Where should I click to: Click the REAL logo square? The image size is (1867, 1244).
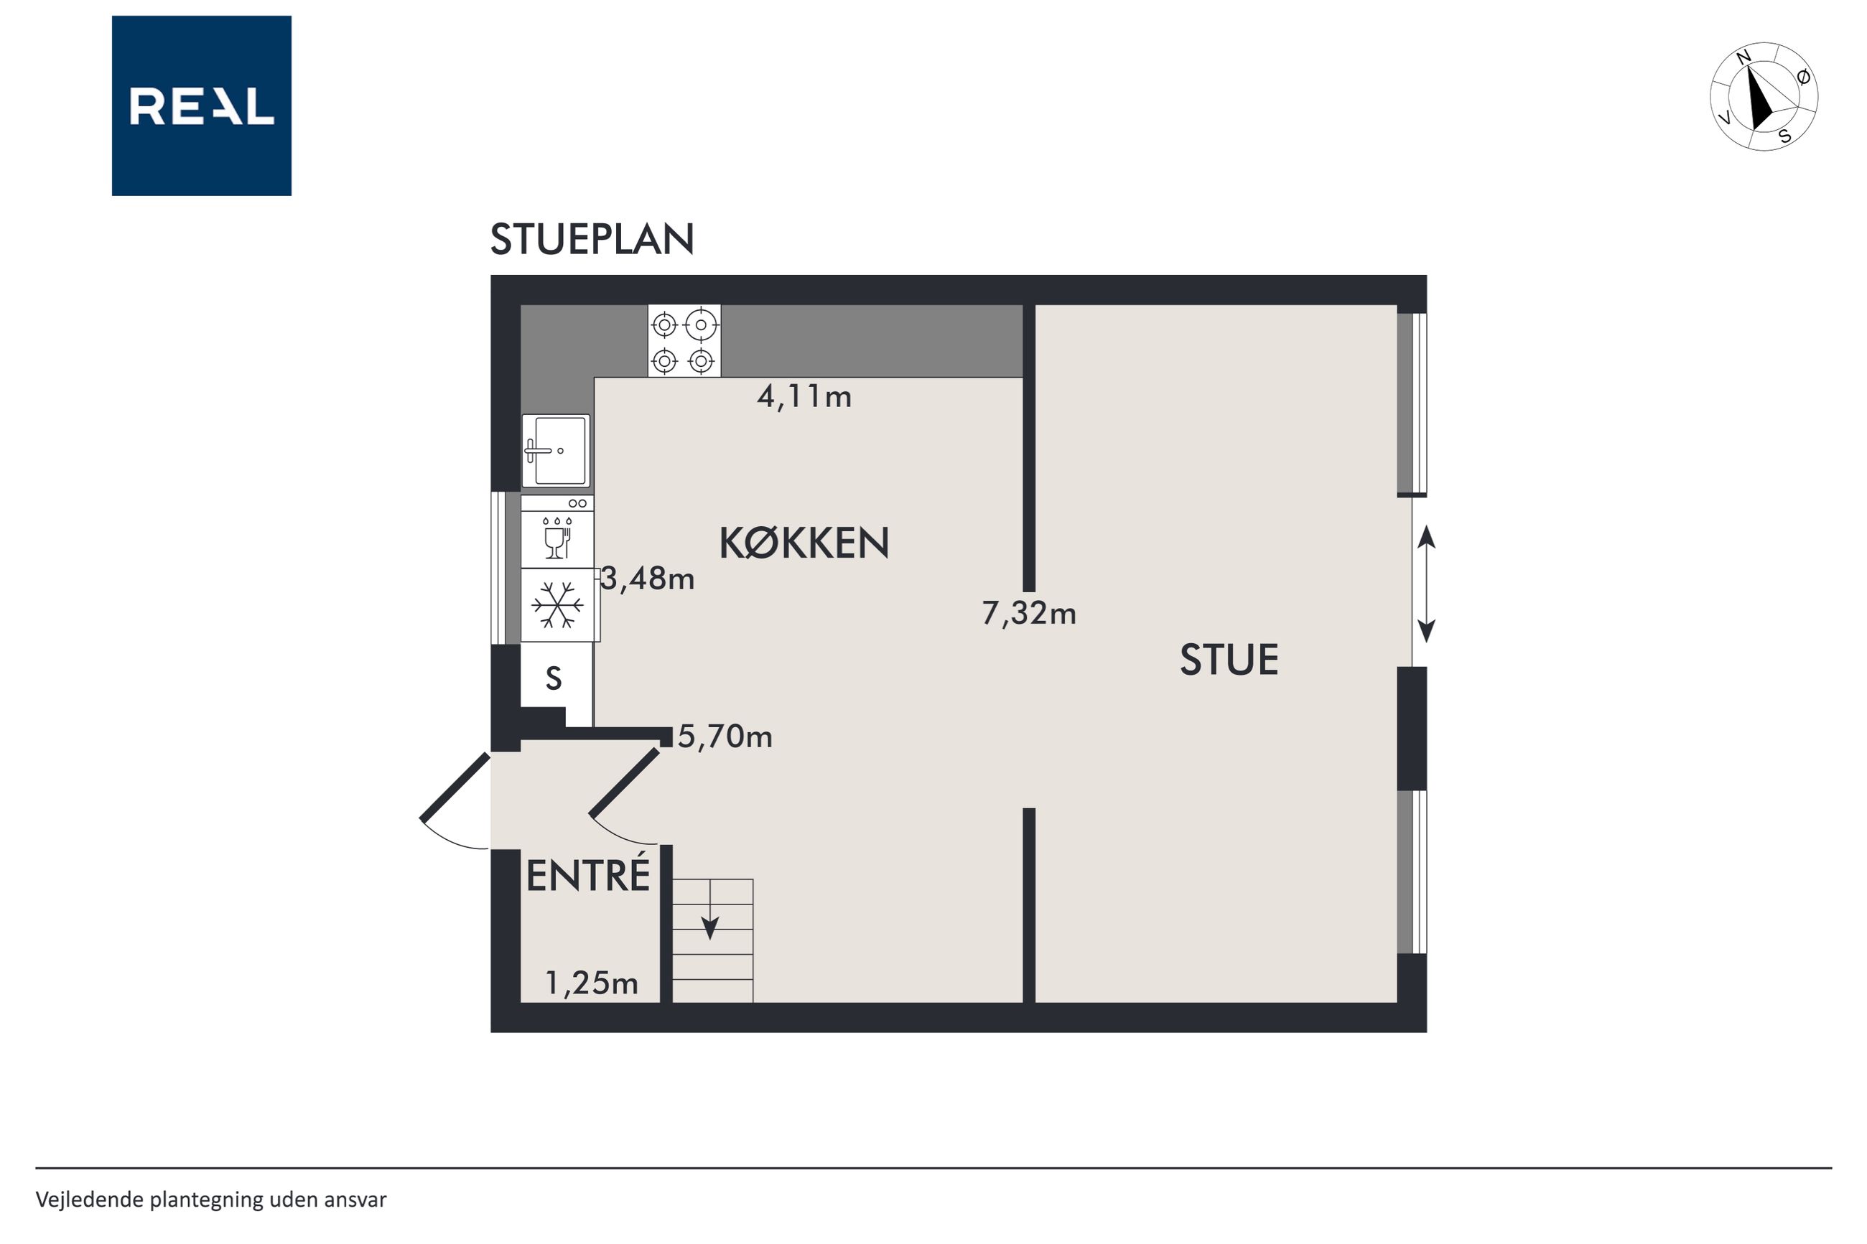pos(202,106)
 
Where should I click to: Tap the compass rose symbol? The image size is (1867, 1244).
pos(1763,96)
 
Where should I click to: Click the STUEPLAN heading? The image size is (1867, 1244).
pos(592,239)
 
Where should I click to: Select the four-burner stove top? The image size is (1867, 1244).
pos(684,340)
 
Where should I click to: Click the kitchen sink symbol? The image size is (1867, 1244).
pos(555,451)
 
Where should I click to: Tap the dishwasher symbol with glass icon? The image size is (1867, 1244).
pos(557,532)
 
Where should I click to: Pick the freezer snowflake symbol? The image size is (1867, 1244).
pos(559,604)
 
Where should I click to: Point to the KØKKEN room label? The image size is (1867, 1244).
pos(804,543)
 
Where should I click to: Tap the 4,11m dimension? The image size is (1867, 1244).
pos(804,397)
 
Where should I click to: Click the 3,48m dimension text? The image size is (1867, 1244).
pos(648,579)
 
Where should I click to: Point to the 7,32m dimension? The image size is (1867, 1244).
pos(1029,613)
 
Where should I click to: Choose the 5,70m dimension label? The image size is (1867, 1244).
pos(725,737)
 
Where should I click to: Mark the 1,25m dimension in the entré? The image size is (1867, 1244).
pos(591,983)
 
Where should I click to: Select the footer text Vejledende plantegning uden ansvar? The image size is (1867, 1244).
pos(211,1200)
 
